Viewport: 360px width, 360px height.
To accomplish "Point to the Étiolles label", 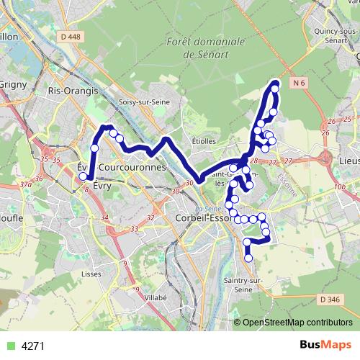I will [x=204, y=140].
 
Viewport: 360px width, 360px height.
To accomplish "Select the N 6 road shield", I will [x=300, y=84].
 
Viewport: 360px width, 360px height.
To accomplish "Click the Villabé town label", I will [x=155, y=296].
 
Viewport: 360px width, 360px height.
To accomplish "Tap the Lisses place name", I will [x=90, y=274].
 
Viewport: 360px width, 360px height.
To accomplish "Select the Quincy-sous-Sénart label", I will [x=338, y=36].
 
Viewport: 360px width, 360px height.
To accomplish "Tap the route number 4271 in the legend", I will [x=33, y=346].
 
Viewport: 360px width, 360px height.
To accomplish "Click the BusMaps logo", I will [x=323, y=345].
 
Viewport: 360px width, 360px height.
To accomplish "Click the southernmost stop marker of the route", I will [x=248, y=258].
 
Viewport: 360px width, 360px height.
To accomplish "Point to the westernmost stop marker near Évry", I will [x=83, y=176].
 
